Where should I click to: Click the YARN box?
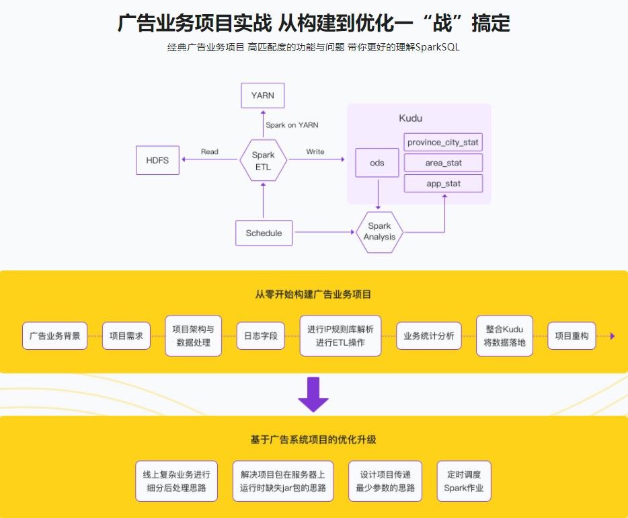262,96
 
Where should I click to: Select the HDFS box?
157,160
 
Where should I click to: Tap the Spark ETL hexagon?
263,160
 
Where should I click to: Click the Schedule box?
264,233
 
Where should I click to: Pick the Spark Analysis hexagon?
379,232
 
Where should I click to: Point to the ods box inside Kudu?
377,163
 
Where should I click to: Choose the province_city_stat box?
443,143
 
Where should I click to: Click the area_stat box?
443,163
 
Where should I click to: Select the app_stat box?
443,183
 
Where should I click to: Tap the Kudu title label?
410,118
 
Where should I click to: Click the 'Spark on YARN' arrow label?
292,124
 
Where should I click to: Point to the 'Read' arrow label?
210,151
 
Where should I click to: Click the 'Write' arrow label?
315,151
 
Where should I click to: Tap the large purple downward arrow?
313,394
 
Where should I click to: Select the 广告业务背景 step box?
55,336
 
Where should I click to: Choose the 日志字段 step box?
260,336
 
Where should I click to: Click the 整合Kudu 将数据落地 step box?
504,336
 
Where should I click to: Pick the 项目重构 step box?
572,336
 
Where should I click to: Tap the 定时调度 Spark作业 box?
463,481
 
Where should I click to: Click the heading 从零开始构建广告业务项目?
313,294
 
